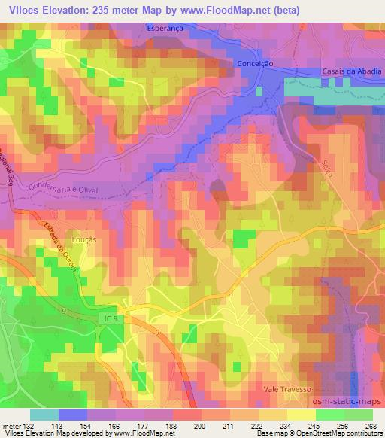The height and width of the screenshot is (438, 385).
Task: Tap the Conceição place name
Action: point(254,64)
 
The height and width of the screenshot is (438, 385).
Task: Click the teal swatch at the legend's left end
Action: point(44,415)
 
